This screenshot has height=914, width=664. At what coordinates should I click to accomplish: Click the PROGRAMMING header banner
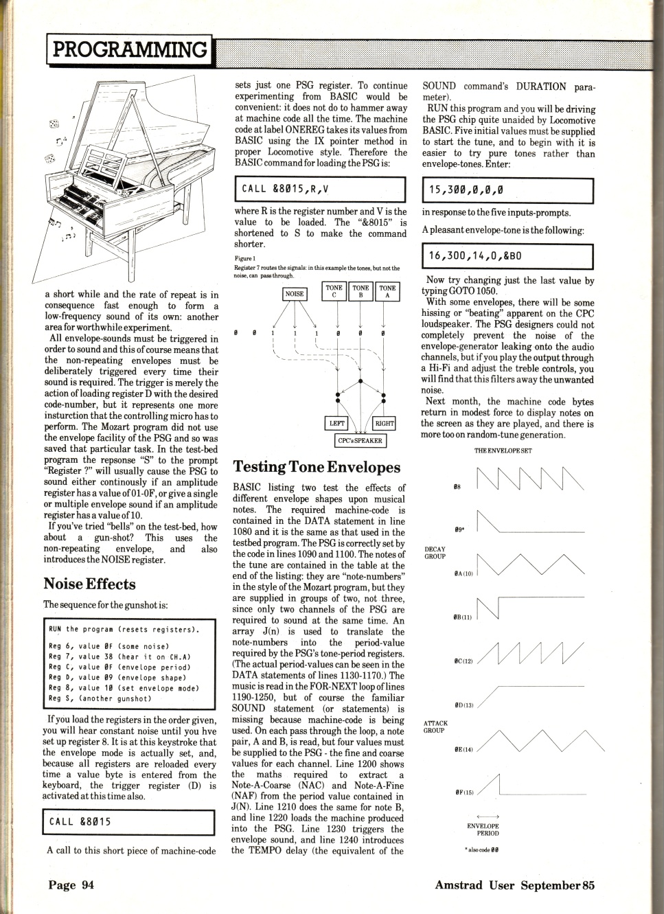pyautogui.click(x=129, y=49)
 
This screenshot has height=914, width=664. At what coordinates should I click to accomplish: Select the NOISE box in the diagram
pyautogui.click(x=295, y=293)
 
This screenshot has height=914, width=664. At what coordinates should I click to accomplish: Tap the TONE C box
pyautogui.click(x=334, y=292)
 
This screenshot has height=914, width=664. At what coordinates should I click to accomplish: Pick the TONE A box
pyautogui.click(x=387, y=292)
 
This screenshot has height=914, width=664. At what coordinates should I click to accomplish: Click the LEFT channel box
pyautogui.click(x=337, y=424)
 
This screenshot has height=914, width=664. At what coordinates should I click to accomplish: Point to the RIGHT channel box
pyautogui.click(x=383, y=424)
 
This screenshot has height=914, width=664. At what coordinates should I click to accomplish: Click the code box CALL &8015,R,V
pyautogui.click(x=320, y=189)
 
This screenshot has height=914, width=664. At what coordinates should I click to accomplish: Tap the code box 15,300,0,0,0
pyautogui.click(x=507, y=190)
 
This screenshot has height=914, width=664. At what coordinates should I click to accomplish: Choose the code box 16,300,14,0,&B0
pyautogui.click(x=507, y=256)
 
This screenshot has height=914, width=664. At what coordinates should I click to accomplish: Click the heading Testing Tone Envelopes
pyautogui.click(x=317, y=467)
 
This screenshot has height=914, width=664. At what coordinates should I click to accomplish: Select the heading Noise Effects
pyautogui.click(x=89, y=584)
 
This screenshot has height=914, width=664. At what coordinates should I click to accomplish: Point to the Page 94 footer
pyautogui.click(x=71, y=884)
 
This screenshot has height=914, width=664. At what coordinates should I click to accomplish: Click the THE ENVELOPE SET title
pyautogui.click(x=503, y=451)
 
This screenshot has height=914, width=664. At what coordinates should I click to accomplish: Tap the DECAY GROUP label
pyautogui.click(x=435, y=553)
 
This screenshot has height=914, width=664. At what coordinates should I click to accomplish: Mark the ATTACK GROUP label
pyautogui.click(x=435, y=727)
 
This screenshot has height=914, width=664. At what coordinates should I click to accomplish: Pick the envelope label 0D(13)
pyautogui.click(x=463, y=705)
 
